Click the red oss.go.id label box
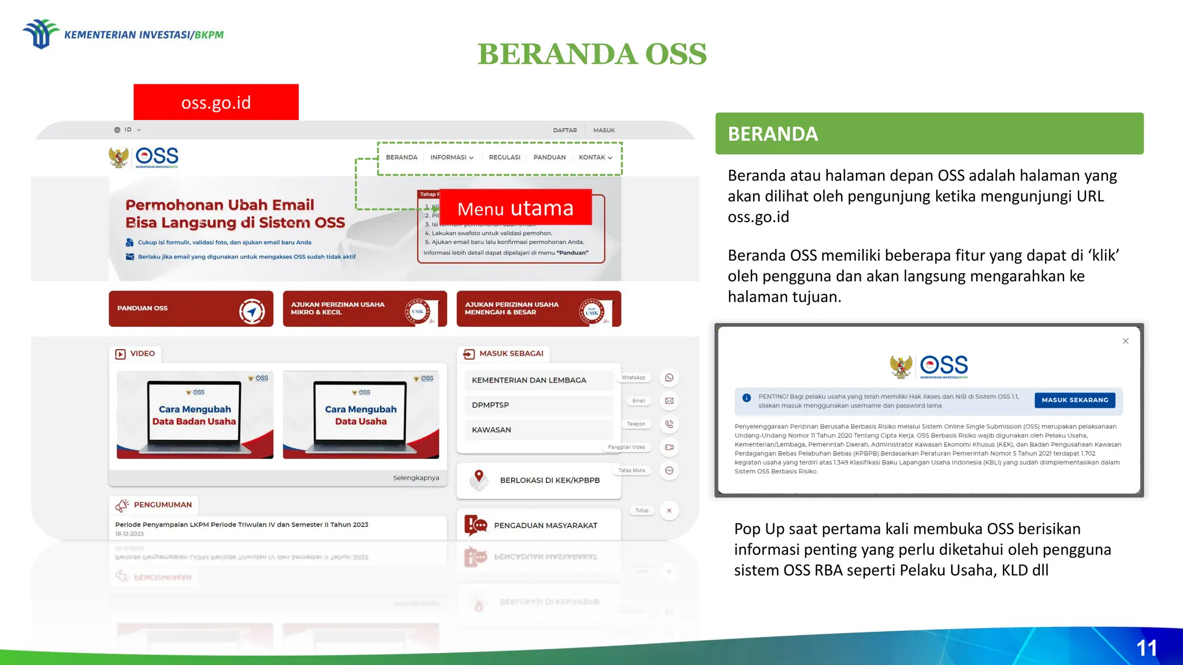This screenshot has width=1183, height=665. [216, 102]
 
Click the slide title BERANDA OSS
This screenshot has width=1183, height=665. [591, 54]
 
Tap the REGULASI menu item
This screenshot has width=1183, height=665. [504, 158]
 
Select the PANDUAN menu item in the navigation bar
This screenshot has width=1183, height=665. [549, 158]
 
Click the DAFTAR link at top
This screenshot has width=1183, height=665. [564, 130]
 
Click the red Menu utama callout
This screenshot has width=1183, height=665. [515, 208]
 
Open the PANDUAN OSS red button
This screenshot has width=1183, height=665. [191, 309]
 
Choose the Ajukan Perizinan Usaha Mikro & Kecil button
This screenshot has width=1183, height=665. [364, 309]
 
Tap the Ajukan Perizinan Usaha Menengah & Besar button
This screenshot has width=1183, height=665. [538, 309]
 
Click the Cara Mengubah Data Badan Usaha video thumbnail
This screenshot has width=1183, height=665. [195, 415]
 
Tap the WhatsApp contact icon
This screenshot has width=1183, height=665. [669, 378]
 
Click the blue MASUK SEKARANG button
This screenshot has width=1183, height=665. [1074, 400]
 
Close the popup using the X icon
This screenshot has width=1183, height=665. [1125, 341]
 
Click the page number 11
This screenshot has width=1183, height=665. [1146, 648]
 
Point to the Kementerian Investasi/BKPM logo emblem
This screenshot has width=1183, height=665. [40, 34]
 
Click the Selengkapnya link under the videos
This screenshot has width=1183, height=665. [416, 478]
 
